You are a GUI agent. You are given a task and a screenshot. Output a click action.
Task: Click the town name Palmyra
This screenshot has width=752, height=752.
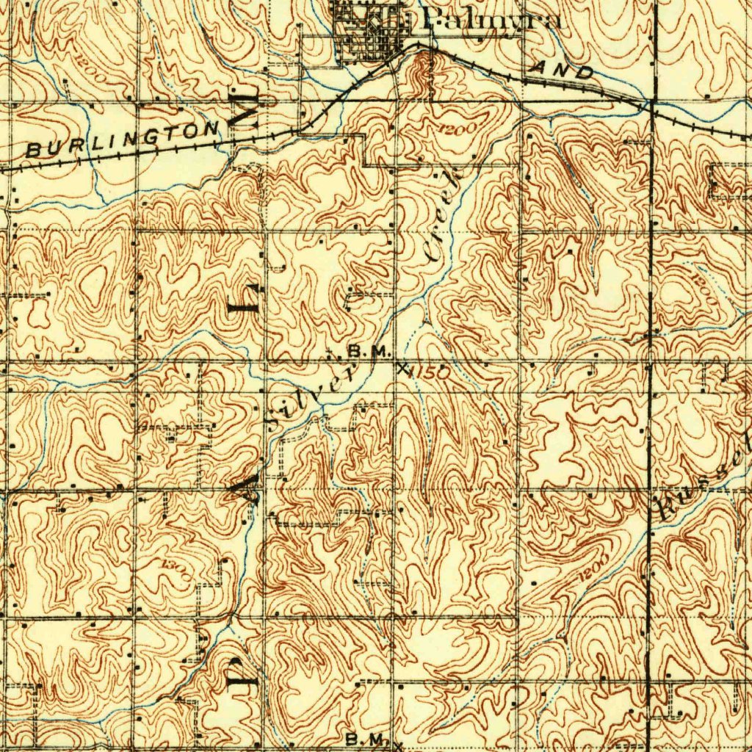(491, 19)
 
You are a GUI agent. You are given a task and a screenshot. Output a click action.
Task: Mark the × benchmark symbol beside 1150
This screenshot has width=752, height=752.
(401, 368)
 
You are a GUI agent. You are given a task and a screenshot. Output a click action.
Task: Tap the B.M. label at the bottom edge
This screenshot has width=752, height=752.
(365, 739)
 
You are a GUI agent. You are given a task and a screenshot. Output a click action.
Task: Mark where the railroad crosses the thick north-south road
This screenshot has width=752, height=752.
(651, 102)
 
